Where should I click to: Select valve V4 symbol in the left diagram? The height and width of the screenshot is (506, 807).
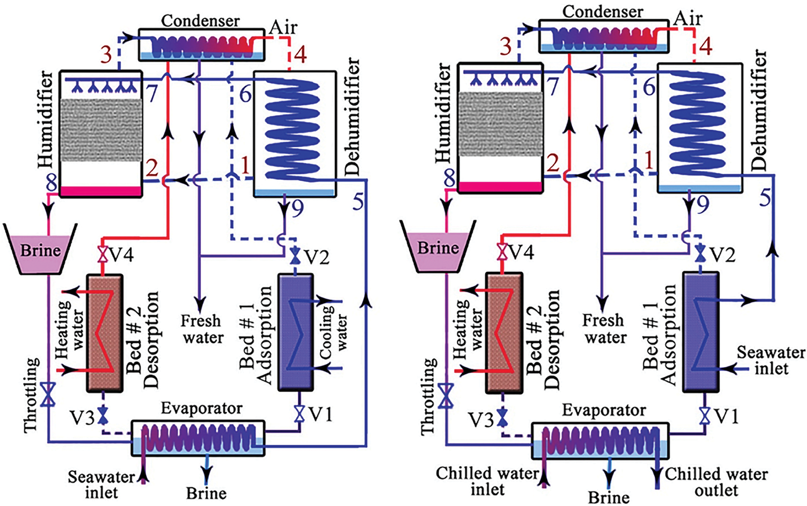(102, 255)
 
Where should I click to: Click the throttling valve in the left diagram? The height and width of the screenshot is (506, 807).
(48, 394)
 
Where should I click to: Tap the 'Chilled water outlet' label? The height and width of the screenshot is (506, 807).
(716, 482)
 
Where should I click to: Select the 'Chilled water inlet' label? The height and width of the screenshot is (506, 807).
(487, 481)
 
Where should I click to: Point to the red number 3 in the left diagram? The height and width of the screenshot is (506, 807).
(106, 55)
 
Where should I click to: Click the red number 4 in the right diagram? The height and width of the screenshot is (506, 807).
(706, 46)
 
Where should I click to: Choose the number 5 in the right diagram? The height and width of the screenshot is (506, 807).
(765, 198)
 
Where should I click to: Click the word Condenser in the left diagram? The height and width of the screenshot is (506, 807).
(201, 20)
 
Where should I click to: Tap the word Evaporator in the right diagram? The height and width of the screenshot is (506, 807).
(604, 410)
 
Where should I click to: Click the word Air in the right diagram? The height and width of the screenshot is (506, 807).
(688, 19)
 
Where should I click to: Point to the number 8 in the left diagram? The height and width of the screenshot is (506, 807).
(52, 184)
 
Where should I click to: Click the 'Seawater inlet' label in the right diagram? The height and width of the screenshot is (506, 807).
(770, 360)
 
